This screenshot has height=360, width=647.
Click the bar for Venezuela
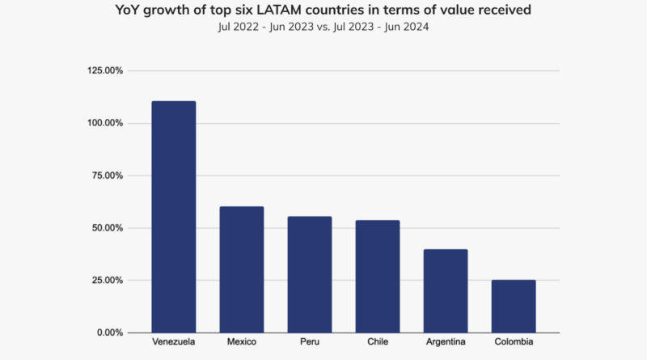pyautogui.click(x=173, y=217)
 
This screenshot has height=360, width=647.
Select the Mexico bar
pyautogui.click(x=241, y=269)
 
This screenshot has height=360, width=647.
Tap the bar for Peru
pyautogui.click(x=309, y=274)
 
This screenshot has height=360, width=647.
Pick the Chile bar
pyautogui.click(x=377, y=276)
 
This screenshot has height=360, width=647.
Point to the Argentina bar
pyautogui.click(x=445, y=290)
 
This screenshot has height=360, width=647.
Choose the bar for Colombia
pyautogui.click(x=513, y=306)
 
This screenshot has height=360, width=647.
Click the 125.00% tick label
pyautogui.click(x=105, y=71)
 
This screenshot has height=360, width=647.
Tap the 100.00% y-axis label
pyautogui.click(x=105, y=123)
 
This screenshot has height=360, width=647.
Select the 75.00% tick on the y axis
pyautogui.click(x=108, y=176)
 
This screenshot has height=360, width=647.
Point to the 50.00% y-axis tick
pyautogui.click(x=108, y=228)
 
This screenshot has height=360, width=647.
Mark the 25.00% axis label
pyautogui.click(x=108, y=281)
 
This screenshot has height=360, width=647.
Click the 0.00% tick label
pyautogui.click(x=110, y=332)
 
